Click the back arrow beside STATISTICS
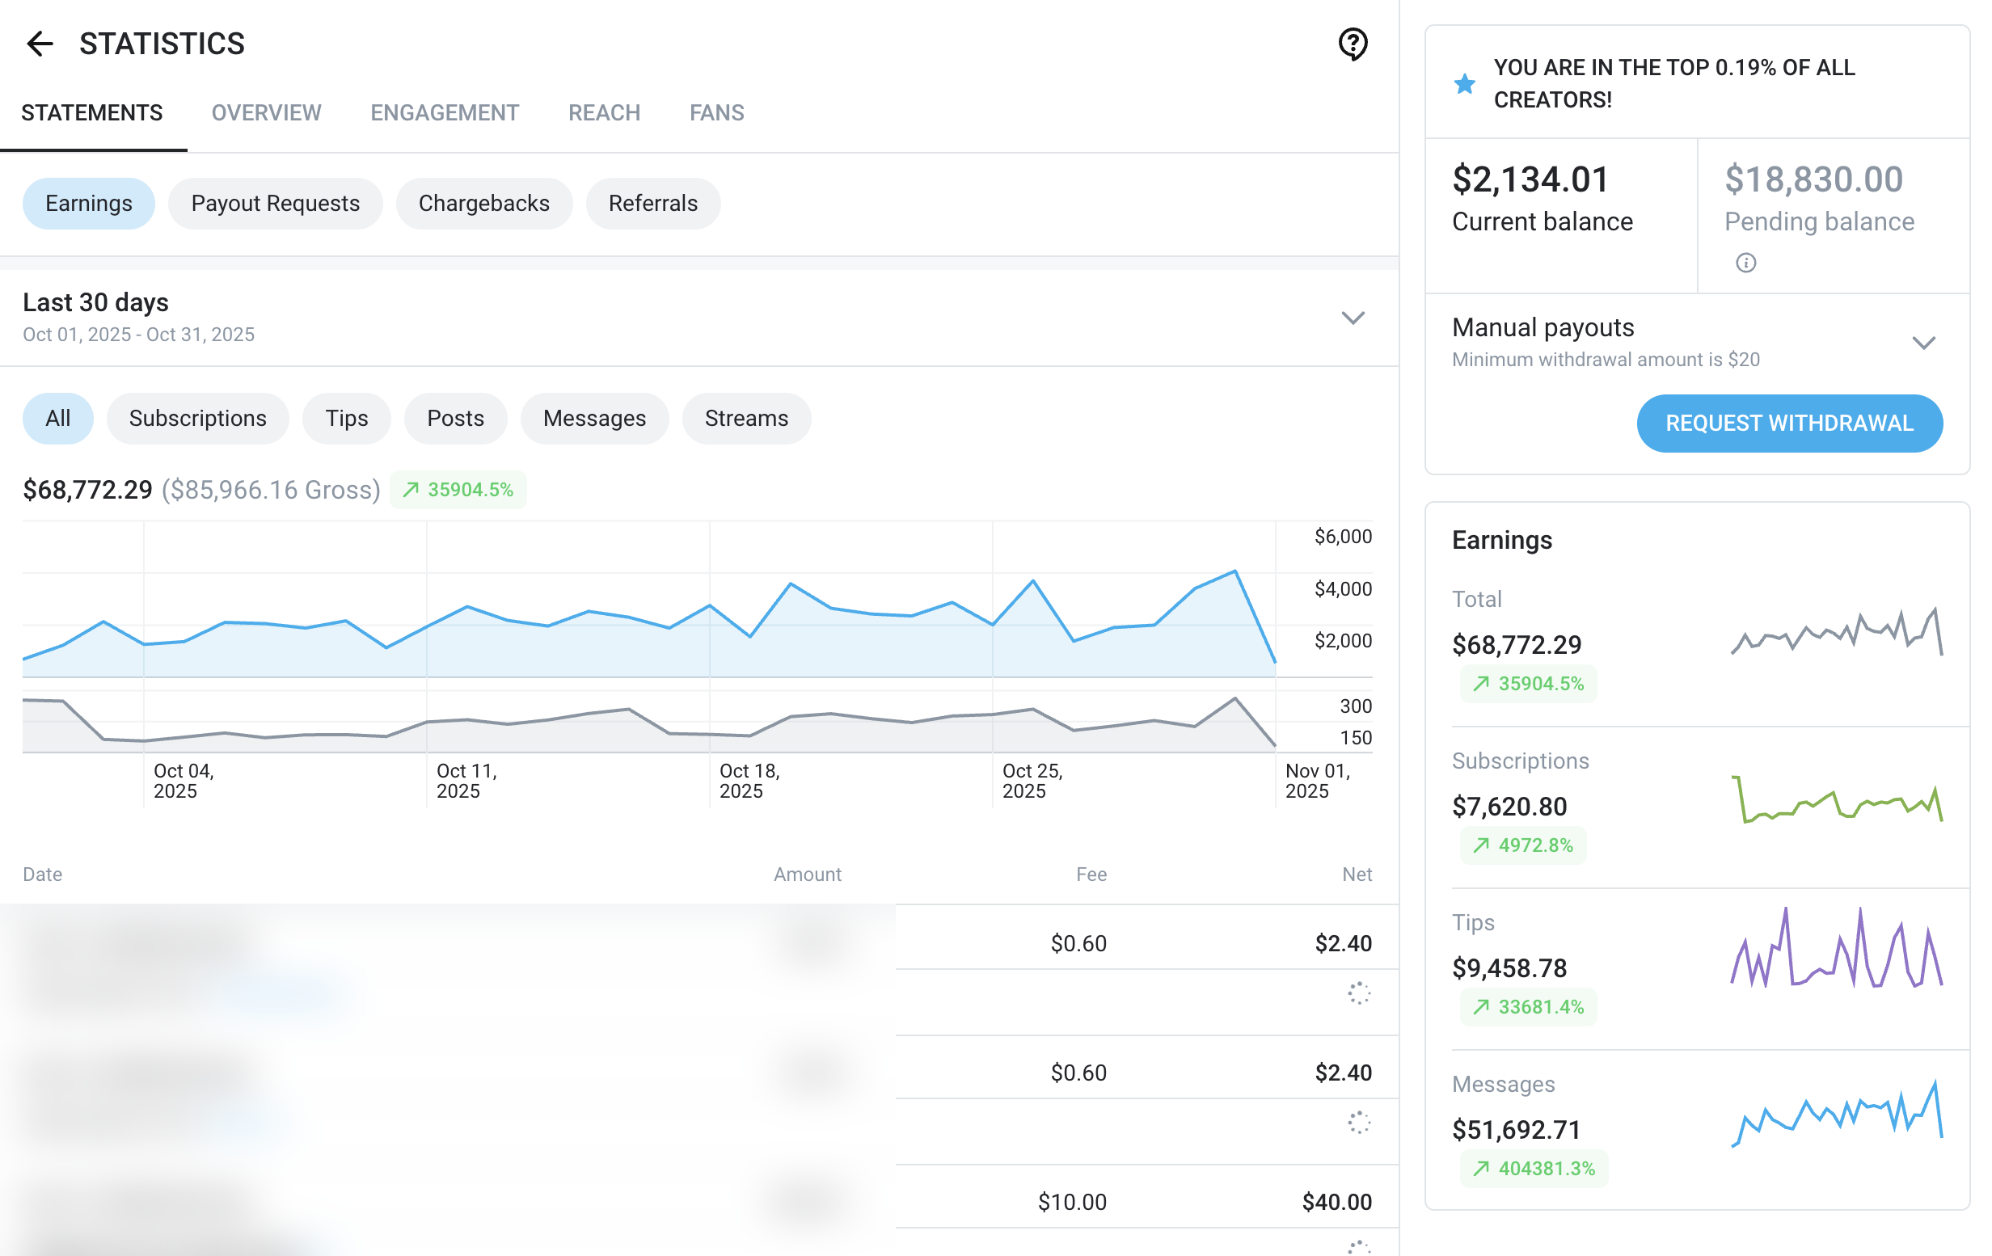[x=39, y=43]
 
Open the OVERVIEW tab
[x=265, y=112]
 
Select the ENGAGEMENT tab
[x=444, y=112]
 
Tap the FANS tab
[x=716, y=112]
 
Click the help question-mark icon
[x=1353, y=44]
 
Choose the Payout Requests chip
[x=275, y=204]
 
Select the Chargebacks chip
[x=483, y=204]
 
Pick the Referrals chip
[x=652, y=204]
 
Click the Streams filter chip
[x=745, y=419]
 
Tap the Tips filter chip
[x=346, y=419]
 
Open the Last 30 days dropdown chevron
[x=1352, y=318]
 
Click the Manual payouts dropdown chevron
[x=1923, y=344]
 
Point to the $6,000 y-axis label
[x=1343, y=537]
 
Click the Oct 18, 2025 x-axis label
[x=749, y=781]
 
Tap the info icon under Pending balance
[x=1745, y=263]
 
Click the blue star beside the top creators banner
[x=1464, y=83]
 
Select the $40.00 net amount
[x=1336, y=1201]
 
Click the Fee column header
[x=1091, y=874]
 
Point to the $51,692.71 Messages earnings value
[x=1516, y=1129]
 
